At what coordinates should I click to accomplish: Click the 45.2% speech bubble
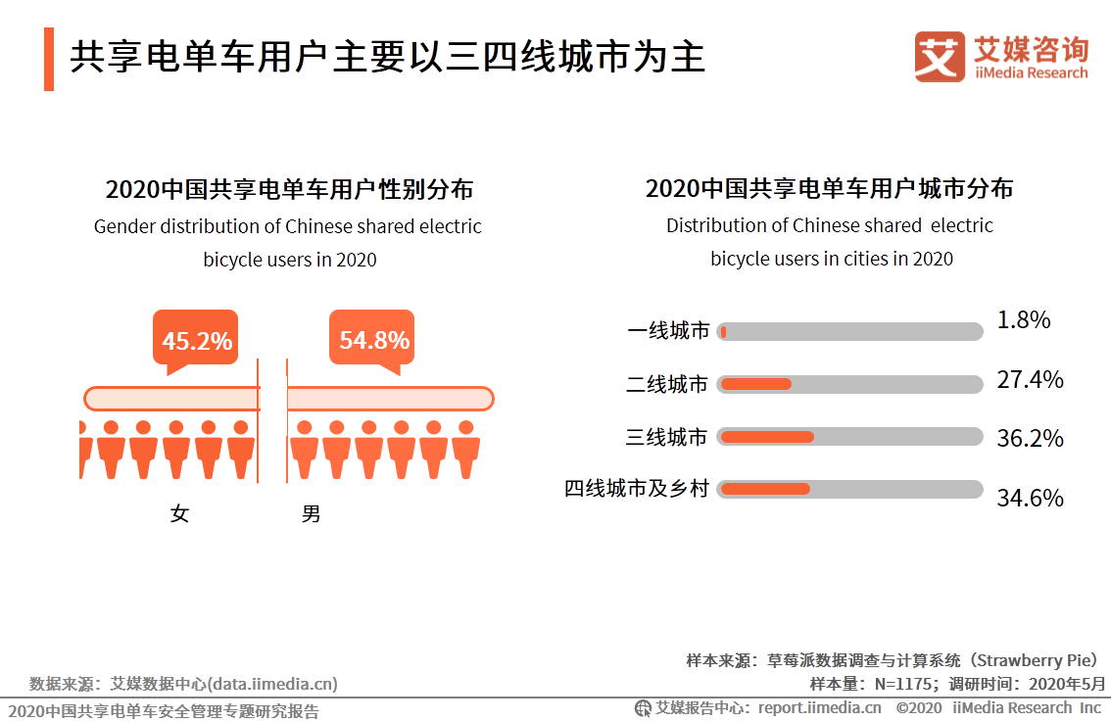pyautogui.click(x=196, y=339)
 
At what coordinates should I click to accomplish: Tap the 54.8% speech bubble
pyautogui.click(x=372, y=339)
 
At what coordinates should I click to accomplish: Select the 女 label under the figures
pyautogui.click(x=179, y=513)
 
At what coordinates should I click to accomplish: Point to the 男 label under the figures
pyautogui.click(x=311, y=513)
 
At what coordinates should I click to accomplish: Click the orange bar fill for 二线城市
pyautogui.click(x=756, y=384)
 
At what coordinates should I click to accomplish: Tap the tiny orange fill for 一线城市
pyautogui.click(x=723, y=332)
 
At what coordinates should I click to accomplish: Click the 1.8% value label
pyautogui.click(x=1023, y=320)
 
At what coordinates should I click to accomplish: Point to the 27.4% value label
pyautogui.click(x=1030, y=380)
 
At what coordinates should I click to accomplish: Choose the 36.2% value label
pyautogui.click(x=1030, y=438)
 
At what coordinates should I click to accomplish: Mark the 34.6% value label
pyautogui.click(x=1030, y=498)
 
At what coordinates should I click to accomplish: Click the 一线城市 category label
pyautogui.click(x=668, y=331)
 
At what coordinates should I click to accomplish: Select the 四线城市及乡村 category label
pyautogui.click(x=636, y=488)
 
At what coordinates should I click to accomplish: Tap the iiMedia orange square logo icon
pyautogui.click(x=940, y=57)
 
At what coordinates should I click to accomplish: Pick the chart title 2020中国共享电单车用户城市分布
pyautogui.click(x=829, y=188)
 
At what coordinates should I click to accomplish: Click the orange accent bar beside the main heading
pyautogui.click(x=49, y=59)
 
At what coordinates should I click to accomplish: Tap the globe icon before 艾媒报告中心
pyautogui.click(x=643, y=708)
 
